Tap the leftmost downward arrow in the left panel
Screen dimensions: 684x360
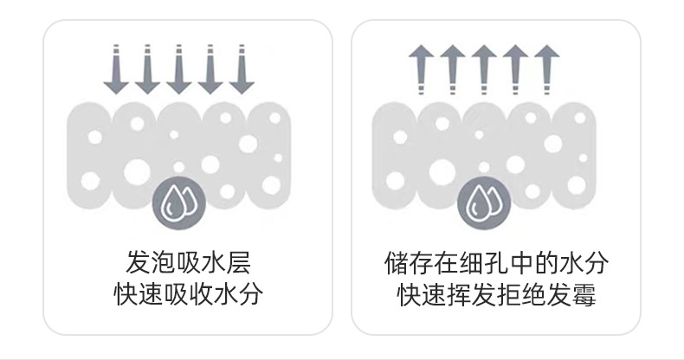click(113, 69)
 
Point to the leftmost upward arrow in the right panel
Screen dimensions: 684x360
click(419, 69)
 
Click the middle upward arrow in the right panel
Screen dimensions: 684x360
click(481, 69)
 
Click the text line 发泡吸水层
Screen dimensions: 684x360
click(188, 262)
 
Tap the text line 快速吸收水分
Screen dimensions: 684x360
click(188, 294)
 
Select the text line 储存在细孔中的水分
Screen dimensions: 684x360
click(496, 262)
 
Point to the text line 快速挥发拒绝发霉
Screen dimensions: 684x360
click(496, 294)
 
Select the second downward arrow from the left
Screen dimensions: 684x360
click(145, 69)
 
